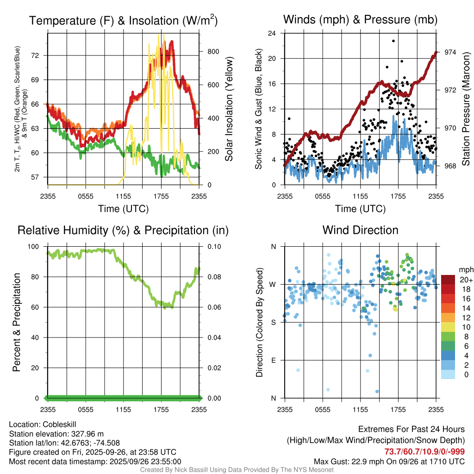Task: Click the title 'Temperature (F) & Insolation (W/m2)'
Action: (x=123, y=21)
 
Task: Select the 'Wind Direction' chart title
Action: (x=360, y=230)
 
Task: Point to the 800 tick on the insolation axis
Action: (x=212, y=51)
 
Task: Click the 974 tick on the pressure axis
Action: (x=450, y=52)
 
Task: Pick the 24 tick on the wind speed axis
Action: (x=272, y=33)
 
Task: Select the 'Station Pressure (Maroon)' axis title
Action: (x=466, y=109)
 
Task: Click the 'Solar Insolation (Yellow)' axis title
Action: (x=229, y=109)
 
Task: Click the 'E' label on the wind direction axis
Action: (x=273, y=360)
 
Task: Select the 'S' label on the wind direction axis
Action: (x=273, y=322)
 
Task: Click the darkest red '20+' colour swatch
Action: (x=449, y=280)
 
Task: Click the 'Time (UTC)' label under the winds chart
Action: (x=360, y=209)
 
